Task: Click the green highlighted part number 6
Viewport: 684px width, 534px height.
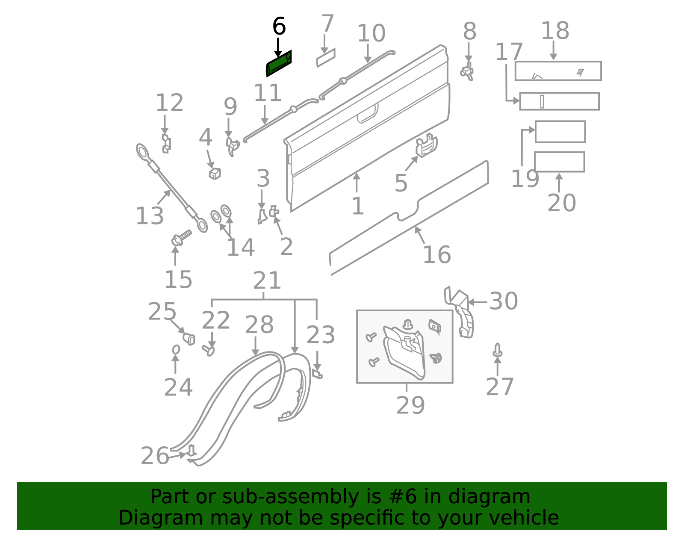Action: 279,64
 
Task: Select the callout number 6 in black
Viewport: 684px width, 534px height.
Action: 279,26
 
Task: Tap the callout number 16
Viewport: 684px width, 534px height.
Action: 437,254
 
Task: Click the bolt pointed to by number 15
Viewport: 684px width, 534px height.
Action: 181,238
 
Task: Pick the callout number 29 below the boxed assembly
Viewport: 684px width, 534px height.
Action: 410,405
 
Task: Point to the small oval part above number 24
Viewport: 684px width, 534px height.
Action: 176,350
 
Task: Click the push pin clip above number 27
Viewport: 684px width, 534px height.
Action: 497,350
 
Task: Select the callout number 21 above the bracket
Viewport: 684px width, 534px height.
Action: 267,281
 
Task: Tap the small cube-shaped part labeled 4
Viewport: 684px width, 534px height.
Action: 215,174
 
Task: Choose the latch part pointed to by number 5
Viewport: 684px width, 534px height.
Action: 426,145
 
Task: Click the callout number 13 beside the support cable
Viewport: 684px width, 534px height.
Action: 150,216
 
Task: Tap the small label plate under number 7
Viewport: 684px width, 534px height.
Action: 326,58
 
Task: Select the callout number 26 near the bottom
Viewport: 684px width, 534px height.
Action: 155,456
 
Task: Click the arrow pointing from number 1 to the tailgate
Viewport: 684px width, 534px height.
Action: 357,183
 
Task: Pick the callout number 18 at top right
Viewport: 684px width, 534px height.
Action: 555,31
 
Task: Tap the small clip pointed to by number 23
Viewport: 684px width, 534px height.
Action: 317,374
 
